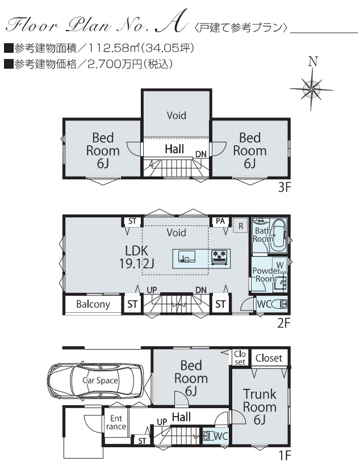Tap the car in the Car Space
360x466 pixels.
click(95, 380)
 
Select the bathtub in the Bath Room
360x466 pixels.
click(279, 233)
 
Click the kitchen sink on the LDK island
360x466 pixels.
click(187, 257)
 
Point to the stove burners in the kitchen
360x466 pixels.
click(219, 257)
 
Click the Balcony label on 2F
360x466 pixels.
click(93, 304)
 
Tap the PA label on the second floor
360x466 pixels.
click(220, 221)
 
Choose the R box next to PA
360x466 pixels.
click(240, 225)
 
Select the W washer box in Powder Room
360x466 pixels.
click(280, 265)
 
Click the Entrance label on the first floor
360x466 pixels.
click(116, 422)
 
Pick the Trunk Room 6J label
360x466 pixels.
click(259, 406)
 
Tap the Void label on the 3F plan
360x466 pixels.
click(176, 115)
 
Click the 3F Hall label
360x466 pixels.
click(174, 149)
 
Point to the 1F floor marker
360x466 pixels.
click(284, 455)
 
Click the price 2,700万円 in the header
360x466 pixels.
click(115, 64)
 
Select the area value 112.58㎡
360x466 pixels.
click(114, 48)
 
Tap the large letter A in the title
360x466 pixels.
click(171, 21)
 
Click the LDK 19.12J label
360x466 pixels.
click(136, 257)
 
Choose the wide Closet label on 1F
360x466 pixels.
click(269, 358)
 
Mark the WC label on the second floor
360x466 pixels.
click(264, 304)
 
